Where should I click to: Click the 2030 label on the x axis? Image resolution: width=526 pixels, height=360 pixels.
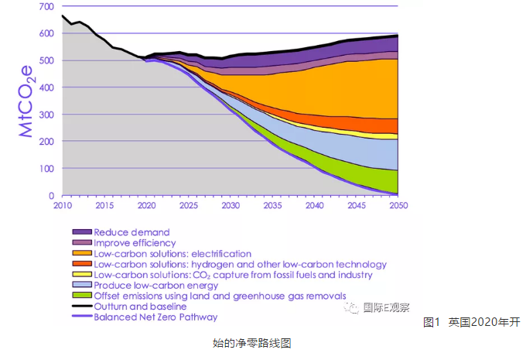point(230,207)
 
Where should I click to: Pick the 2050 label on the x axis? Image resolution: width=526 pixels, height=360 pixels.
point(398,207)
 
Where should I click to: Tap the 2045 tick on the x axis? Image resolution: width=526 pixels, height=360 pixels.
point(357,207)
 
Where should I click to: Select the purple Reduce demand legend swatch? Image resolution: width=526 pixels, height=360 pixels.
point(81,232)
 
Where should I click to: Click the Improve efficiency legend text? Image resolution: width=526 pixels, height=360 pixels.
point(134,242)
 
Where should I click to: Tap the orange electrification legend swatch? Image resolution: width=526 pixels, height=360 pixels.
point(81,253)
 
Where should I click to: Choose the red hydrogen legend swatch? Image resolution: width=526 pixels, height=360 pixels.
point(81,264)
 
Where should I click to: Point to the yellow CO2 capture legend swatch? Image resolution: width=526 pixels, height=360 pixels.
point(81,275)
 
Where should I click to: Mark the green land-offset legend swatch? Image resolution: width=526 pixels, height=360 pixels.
point(81,296)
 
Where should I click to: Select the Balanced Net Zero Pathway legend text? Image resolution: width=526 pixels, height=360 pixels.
point(155,317)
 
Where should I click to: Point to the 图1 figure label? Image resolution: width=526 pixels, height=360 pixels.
point(432,322)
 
